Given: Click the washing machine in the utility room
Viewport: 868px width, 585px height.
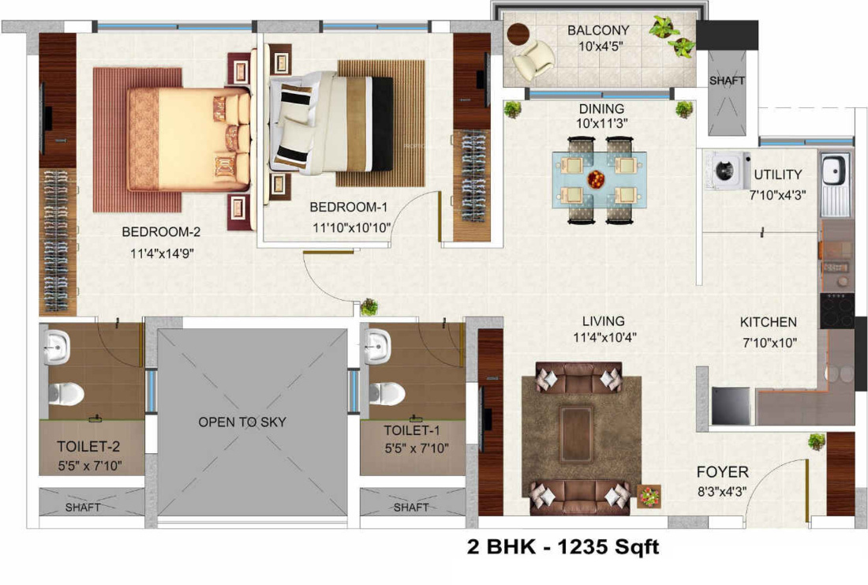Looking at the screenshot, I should [725, 170].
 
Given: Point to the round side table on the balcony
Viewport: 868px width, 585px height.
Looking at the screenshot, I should [518, 35].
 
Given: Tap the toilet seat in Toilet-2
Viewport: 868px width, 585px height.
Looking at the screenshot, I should [65, 392].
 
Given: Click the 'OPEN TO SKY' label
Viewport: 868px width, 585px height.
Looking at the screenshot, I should [241, 422].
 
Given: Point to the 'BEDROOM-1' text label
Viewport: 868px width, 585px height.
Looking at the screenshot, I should [349, 208].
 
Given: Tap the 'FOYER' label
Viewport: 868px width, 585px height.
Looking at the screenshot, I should [722, 472].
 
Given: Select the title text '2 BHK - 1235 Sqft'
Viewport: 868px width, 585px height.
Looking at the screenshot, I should [563, 546].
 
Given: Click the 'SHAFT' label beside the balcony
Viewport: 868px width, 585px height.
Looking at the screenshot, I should [726, 81].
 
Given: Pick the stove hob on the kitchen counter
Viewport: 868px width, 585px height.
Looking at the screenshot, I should [836, 310].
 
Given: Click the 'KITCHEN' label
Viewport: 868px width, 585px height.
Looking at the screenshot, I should [768, 322].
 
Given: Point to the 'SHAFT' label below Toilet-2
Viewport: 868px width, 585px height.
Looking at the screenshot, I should [83, 507].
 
